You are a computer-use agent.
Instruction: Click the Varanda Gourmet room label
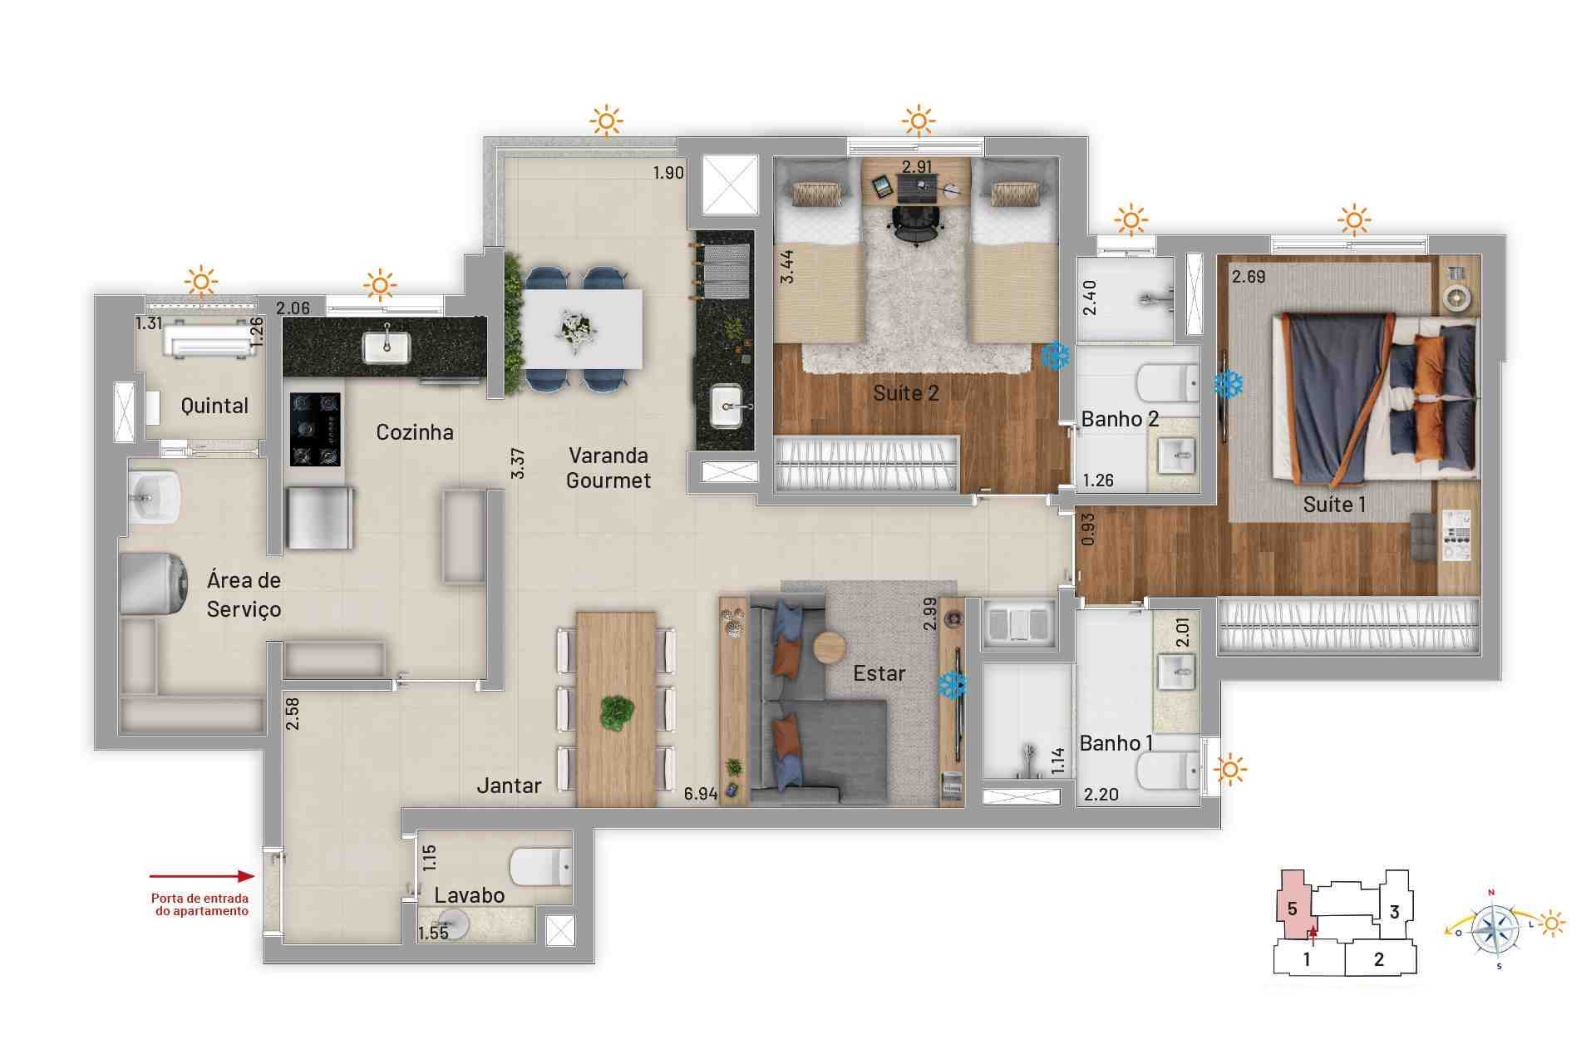click(608, 468)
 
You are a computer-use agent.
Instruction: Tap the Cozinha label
click(414, 432)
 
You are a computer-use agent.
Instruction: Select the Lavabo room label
click(469, 895)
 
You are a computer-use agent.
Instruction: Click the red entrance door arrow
click(202, 876)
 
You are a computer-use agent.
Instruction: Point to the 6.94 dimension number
click(700, 794)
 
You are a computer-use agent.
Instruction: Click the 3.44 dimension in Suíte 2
click(786, 267)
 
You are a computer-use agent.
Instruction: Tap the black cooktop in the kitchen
click(315, 429)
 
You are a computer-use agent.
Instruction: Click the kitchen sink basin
click(387, 347)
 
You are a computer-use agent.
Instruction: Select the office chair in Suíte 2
click(916, 221)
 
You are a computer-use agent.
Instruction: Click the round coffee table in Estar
click(829, 648)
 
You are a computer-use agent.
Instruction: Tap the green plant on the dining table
click(617, 713)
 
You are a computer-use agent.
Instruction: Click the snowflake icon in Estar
click(953, 685)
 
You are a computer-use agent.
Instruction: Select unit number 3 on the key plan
click(1395, 912)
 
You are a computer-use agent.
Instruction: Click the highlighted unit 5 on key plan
click(1292, 909)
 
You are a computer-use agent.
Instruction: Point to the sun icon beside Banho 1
click(1230, 770)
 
